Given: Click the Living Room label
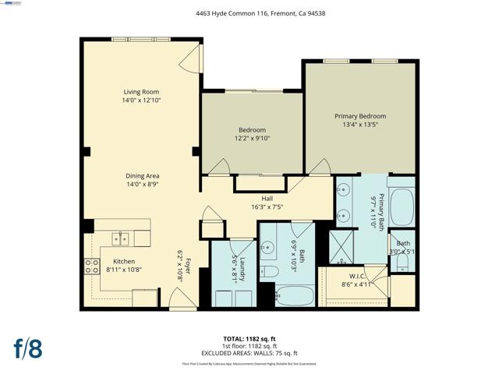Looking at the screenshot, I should (141, 92).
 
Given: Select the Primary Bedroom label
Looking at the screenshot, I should (360, 116).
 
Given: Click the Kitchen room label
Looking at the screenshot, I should (125, 261).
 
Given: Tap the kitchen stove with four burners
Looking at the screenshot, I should (92, 267).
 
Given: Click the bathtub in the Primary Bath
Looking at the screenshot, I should (401, 206).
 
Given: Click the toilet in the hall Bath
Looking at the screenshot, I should (270, 271).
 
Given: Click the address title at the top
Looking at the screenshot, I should (249, 12).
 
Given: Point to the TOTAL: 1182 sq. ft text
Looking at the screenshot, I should (249, 339).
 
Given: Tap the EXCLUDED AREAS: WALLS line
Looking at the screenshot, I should (249, 353).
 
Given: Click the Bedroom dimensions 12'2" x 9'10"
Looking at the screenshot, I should (252, 139).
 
